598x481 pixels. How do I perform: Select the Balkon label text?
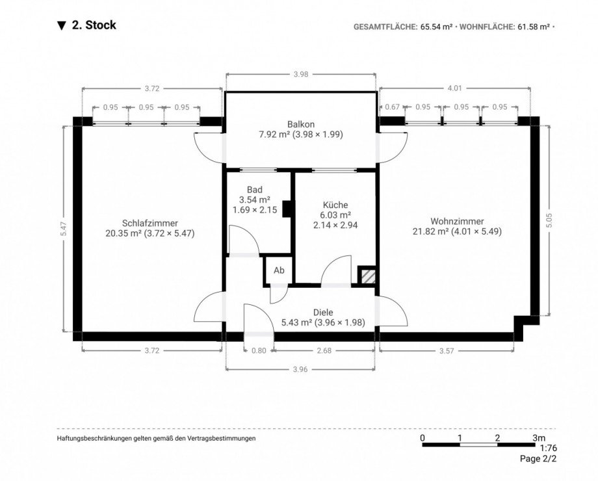[x=300, y=124]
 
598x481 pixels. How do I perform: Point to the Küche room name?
[x=335, y=203]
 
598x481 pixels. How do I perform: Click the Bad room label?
[x=254, y=190]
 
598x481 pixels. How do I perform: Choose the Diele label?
[x=322, y=312]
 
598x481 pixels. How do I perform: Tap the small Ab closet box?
[x=278, y=270]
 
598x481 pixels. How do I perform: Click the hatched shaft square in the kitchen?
[x=367, y=276]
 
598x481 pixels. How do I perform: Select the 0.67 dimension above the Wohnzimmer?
[x=392, y=107]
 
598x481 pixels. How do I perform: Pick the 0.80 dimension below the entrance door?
[x=258, y=351]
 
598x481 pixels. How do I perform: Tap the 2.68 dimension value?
[x=323, y=351]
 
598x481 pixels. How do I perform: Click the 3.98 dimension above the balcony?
[x=300, y=75]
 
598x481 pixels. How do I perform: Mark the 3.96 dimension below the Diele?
[x=300, y=369]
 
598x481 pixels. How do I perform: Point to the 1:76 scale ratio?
[x=547, y=448]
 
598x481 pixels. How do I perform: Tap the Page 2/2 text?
[x=538, y=459]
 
